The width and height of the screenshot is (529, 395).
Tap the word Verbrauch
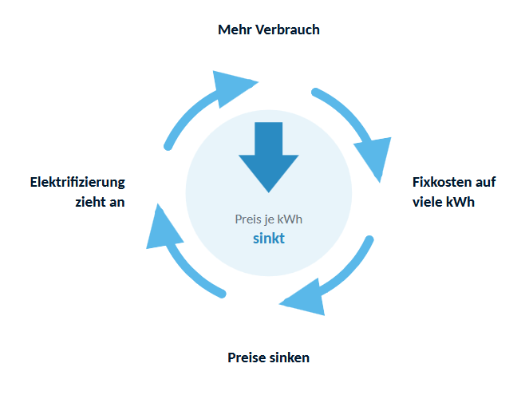tap(287, 30)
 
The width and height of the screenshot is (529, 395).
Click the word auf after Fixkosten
tap(485, 182)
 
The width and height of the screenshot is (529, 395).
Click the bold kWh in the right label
tap(460, 202)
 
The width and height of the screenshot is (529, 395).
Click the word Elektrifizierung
tap(77, 183)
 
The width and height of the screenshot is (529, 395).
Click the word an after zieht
tap(116, 203)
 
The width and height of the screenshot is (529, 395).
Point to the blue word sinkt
tap(269, 239)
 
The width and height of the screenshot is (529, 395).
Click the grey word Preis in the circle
tap(248, 219)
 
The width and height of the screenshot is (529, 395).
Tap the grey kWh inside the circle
tap(290, 219)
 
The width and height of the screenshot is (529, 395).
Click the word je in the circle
tap(269, 220)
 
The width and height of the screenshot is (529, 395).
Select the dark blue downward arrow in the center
tap(269, 157)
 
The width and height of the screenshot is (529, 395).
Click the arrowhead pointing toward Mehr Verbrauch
tap(231, 87)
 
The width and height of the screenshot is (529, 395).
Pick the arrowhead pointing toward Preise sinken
tap(306, 299)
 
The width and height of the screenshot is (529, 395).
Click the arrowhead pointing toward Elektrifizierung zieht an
tap(162, 229)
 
